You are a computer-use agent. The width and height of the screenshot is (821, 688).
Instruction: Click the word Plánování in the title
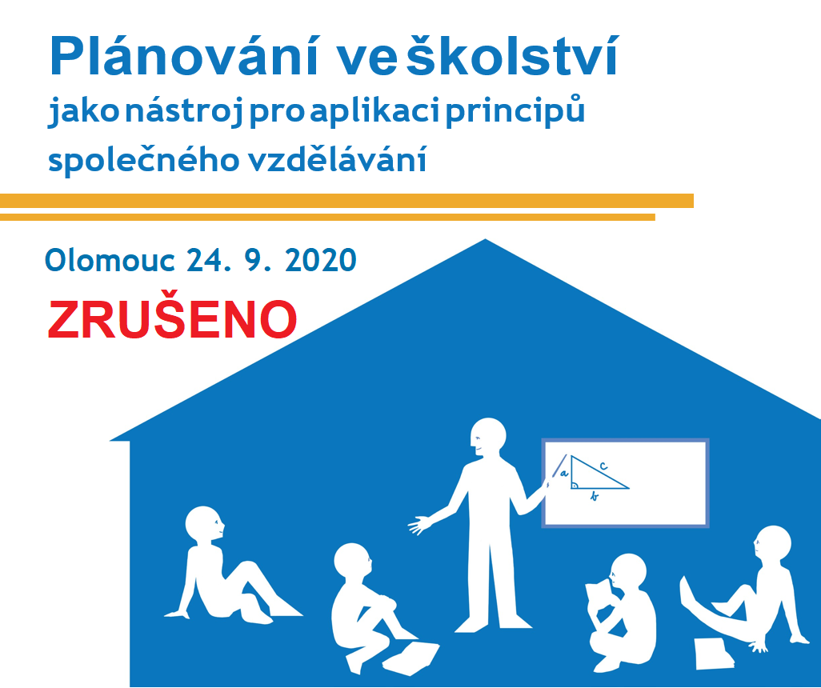tap(184, 56)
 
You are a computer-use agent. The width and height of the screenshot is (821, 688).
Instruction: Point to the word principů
tap(515, 110)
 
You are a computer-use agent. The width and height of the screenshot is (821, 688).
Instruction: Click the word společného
tap(144, 160)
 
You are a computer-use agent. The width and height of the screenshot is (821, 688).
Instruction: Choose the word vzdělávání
tap(338, 159)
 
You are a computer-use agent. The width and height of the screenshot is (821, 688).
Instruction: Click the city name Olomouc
tap(110, 260)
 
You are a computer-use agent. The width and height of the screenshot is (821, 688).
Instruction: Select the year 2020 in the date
tap(321, 260)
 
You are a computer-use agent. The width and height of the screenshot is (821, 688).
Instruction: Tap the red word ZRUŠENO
tap(172, 320)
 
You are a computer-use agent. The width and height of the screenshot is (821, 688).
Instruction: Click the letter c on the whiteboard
tap(603, 465)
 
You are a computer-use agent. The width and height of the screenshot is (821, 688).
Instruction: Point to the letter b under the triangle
tap(595, 496)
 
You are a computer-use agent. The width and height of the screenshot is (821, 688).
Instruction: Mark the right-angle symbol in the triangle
tap(575, 485)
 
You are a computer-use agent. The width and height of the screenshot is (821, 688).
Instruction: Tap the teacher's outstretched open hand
tap(419, 525)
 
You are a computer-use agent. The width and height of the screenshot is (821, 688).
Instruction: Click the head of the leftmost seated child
tap(204, 525)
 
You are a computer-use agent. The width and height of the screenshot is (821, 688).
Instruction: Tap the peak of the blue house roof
tap(486, 239)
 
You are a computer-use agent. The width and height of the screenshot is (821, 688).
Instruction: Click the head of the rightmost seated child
tap(773, 544)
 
